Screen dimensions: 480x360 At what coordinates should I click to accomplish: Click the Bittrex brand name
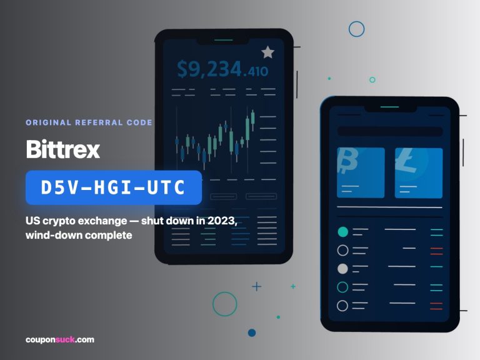pyautogui.click(x=63, y=149)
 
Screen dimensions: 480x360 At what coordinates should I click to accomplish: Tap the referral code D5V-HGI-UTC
pyautogui.click(x=113, y=187)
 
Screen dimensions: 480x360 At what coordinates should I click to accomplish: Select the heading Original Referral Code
pyautogui.click(x=89, y=122)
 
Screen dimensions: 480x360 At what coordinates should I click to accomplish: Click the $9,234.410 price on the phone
pyautogui.click(x=222, y=69)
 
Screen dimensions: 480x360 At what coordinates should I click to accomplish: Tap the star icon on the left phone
pyautogui.click(x=268, y=52)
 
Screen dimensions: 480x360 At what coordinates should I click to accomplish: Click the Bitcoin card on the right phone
pyautogui.click(x=361, y=172)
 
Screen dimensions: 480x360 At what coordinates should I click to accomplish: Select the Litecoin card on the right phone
pyautogui.click(x=419, y=172)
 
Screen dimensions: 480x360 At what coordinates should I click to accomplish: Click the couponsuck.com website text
pyautogui.click(x=60, y=339)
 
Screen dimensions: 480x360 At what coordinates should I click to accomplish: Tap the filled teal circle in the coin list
pyautogui.click(x=342, y=232)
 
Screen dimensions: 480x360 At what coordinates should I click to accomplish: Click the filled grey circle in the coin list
pyautogui.click(x=342, y=269)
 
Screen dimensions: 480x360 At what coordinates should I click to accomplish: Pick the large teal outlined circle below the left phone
pyautogui.click(x=225, y=292)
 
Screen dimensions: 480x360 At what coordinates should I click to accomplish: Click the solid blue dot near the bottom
pyautogui.click(x=252, y=332)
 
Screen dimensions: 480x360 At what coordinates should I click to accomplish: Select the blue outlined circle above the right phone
pyautogui.click(x=357, y=21)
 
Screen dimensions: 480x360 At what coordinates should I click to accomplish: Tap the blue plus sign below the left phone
pyautogui.click(x=256, y=286)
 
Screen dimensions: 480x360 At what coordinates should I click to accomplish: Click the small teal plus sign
pyautogui.click(x=293, y=286)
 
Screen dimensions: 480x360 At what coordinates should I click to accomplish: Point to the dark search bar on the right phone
pyautogui.click(x=390, y=131)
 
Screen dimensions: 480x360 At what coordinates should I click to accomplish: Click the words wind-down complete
pyautogui.click(x=79, y=235)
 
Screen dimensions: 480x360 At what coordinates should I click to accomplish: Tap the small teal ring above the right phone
pyautogui.click(x=372, y=77)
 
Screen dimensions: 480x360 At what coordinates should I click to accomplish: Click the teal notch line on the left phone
pyautogui.click(x=224, y=40)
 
